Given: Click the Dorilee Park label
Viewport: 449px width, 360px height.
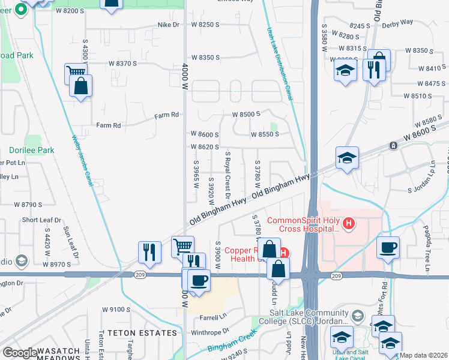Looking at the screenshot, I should (32, 150).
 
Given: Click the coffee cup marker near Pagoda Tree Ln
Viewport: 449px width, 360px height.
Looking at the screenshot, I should (388, 247).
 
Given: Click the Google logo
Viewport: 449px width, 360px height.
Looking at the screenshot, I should (19, 353).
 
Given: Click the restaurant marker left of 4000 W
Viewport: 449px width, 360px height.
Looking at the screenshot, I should (149, 252).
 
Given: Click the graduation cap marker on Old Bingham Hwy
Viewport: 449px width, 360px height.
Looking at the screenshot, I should (347, 158).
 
